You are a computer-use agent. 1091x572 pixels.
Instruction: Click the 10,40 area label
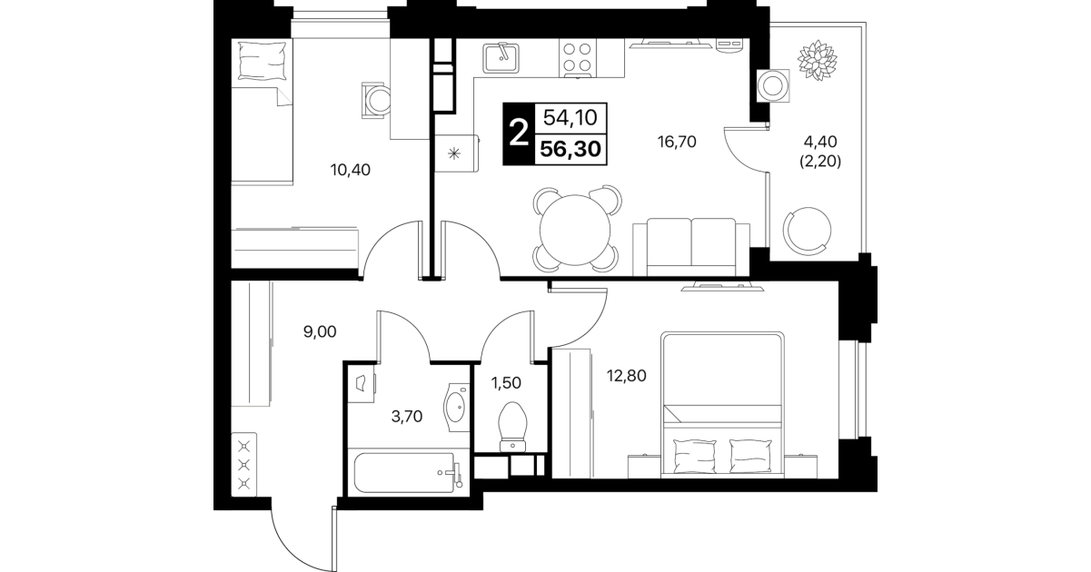(350, 170)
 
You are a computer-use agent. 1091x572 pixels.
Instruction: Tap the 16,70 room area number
(677, 142)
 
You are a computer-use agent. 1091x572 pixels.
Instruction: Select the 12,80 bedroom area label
(627, 375)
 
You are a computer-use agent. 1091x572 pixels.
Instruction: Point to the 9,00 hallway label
(320, 332)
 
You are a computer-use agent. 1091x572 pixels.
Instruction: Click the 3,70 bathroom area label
(407, 416)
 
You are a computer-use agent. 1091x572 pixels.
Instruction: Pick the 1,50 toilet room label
(506, 383)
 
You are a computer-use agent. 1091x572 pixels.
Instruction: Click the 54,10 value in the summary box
(570, 117)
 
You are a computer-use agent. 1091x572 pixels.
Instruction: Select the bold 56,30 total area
(570, 149)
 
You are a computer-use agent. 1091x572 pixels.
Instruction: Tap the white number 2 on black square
(519, 133)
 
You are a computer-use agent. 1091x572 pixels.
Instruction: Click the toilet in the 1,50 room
(512, 427)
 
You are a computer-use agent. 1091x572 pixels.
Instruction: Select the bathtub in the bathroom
(408, 473)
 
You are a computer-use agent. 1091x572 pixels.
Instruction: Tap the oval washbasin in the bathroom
(456, 408)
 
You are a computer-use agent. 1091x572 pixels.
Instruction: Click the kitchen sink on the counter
(501, 58)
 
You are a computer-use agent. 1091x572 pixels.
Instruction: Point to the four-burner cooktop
(577, 57)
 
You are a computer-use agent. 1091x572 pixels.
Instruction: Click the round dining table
(575, 231)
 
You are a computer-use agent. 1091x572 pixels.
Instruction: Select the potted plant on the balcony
(818, 60)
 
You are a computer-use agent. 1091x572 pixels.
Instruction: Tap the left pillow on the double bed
(695, 456)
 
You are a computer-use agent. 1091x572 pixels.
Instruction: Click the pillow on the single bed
(262, 60)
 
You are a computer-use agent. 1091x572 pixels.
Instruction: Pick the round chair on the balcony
(807, 232)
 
